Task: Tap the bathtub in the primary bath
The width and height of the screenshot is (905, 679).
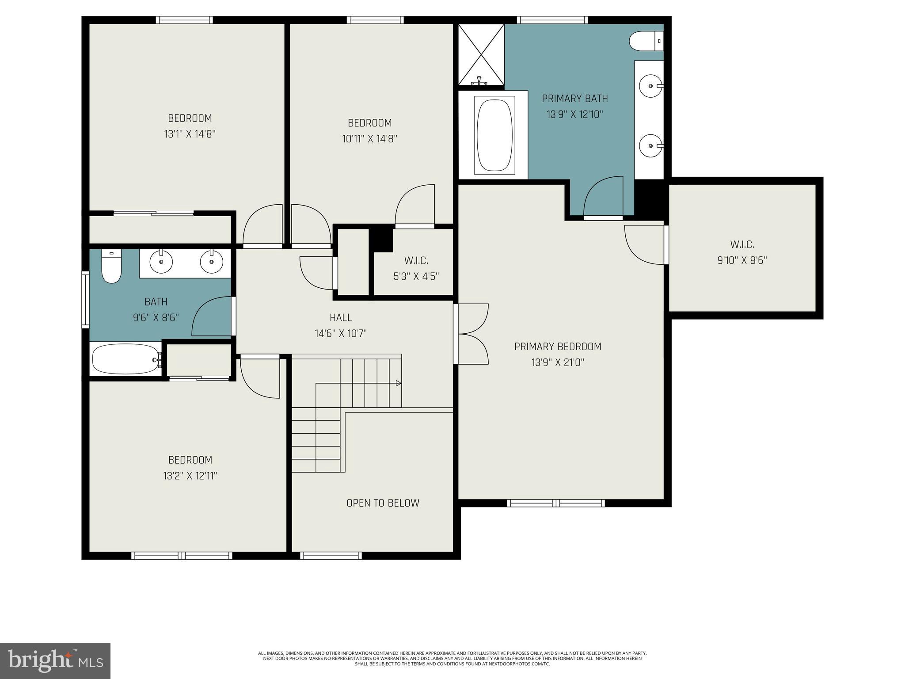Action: pyautogui.click(x=494, y=135)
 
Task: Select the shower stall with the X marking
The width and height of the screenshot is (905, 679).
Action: pyautogui.click(x=481, y=55)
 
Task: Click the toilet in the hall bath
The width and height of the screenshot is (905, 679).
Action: pyautogui.click(x=111, y=267)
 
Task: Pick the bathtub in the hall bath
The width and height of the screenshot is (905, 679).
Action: pyautogui.click(x=125, y=359)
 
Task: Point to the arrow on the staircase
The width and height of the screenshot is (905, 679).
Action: pyautogui.click(x=398, y=383)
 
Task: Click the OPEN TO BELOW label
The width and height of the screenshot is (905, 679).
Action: pyautogui.click(x=383, y=503)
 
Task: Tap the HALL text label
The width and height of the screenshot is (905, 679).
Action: pyautogui.click(x=341, y=317)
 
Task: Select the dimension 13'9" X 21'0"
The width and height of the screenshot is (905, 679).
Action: pyautogui.click(x=558, y=362)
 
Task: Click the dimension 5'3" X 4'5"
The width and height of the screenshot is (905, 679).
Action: pyautogui.click(x=416, y=277)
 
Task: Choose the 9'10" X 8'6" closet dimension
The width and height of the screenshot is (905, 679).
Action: pyautogui.click(x=741, y=260)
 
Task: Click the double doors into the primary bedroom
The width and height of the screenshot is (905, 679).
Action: pyautogui.click(x=472, y=334)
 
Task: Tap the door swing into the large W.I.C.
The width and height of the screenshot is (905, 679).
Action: pyautogui.click(x=644, y=244)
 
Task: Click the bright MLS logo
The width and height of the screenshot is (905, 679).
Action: pyautogui.click(x=55, y=660)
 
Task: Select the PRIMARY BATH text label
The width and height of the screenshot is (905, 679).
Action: pyautogui.click(x=574, y=99)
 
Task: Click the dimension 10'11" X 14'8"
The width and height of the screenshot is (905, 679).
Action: pyautogui.click(x=369, y=139)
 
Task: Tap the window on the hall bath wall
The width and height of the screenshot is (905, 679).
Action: pyautogui.click(x=85, y=300)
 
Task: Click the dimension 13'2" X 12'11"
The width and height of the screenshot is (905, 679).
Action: pyautogui.click(x=190, y=476)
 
